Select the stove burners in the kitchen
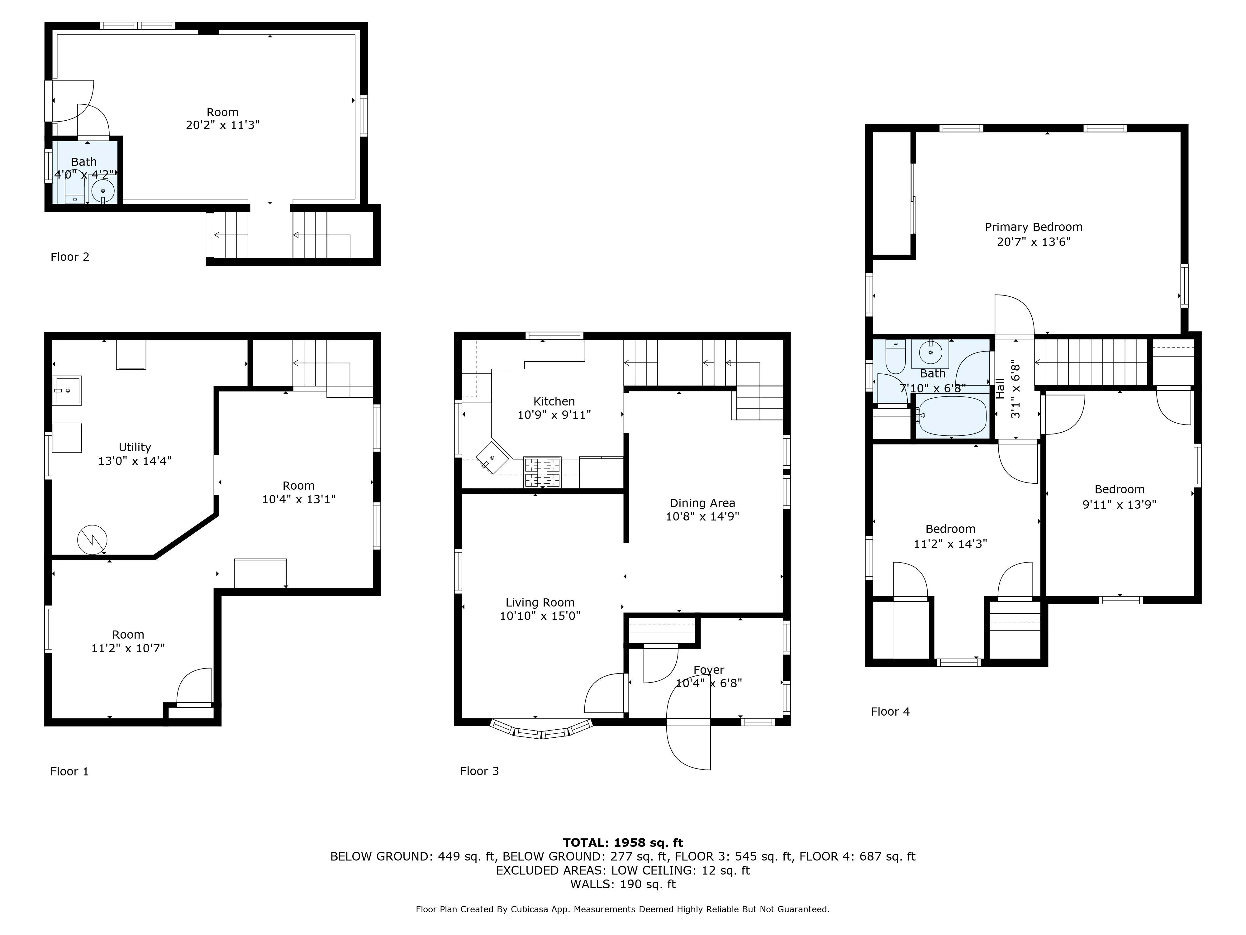pos(542,472)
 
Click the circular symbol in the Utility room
pos(92,539)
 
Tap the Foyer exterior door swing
pos(688,744)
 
